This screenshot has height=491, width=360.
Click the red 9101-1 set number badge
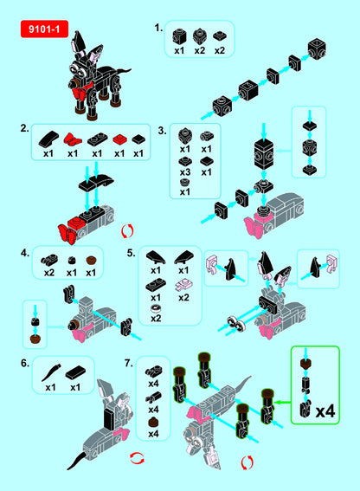coord(44,29)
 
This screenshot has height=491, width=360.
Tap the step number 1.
coord(158,28)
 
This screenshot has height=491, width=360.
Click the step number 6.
coord(25,363)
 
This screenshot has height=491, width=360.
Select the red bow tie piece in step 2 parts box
coord(73,139)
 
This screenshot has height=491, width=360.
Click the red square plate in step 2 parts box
coord(119,139)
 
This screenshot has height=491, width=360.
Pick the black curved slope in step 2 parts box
coord(48,139)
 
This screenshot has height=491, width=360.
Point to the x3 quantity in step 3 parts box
coord(185,172)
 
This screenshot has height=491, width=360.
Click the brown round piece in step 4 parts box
coord(91,261)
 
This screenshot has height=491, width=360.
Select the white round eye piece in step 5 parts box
coord(156,309)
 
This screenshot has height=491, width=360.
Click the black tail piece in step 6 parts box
coord(51,372)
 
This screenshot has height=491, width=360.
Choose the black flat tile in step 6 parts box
coord(75,372)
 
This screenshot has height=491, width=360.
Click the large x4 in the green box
coord(325,411)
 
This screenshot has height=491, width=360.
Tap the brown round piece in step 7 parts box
coord(153,422)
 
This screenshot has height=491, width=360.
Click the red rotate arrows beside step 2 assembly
coord(127,231)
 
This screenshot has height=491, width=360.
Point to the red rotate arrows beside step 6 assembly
coord(137,458)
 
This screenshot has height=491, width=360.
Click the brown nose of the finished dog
coord(74,84)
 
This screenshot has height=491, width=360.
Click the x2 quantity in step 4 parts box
coord(49,273)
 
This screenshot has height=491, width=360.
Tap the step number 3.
coord(162,130)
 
